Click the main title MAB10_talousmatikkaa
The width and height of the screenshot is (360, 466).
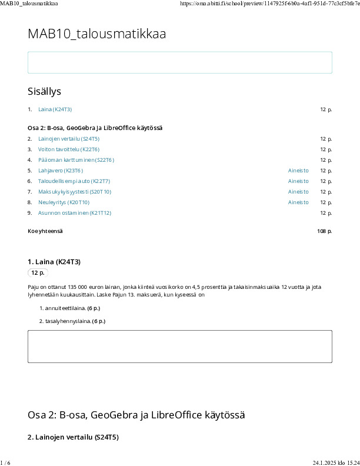click(96, 34)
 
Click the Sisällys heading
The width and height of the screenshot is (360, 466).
click(44, 91)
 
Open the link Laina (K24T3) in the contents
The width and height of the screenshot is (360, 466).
click(55, 109)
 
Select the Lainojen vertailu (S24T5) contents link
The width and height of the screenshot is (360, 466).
click(69, 139)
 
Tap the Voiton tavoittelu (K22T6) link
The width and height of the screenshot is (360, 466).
click(69, 149)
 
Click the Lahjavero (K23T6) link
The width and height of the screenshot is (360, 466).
click(65, 171)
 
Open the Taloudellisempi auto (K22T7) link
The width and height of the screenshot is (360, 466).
click(74, 181)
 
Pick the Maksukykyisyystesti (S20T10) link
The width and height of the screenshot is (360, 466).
click(75, 192)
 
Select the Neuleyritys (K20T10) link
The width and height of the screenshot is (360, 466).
click(66, 202)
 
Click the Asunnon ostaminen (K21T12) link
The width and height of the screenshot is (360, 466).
click(75, 213)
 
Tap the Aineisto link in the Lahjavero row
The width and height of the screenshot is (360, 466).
click(298, 171)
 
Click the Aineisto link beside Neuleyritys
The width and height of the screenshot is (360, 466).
click(298, 202)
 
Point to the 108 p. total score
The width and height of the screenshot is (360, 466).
click(324, 231)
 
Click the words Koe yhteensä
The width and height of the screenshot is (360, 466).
click(45, 231)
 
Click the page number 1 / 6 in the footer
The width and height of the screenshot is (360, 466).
click(5, 461)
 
